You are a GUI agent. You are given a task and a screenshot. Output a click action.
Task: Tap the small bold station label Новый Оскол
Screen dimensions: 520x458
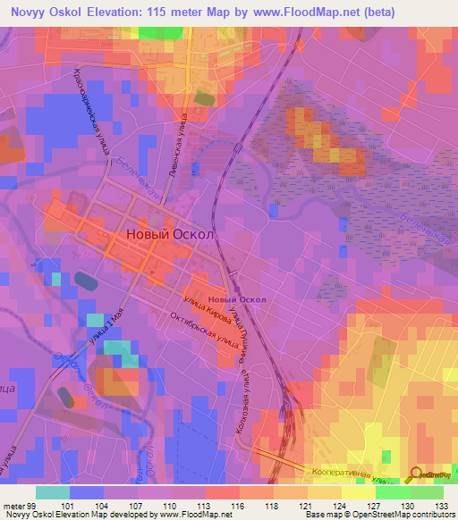pyautogui.click(x=236, y=299)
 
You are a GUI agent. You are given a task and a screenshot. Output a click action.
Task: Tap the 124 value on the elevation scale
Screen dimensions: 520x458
pyautogui.click(x=339, y=504)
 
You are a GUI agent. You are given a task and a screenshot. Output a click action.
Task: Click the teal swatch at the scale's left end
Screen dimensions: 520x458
pyautogui.click(x=53, y=491)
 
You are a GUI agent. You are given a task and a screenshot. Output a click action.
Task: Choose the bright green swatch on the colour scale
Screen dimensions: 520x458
pyautogui.click(x=393, y=491)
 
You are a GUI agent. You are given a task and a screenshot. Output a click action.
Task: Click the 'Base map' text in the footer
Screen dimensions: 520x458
pyautogui.click(x=318, y=515)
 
